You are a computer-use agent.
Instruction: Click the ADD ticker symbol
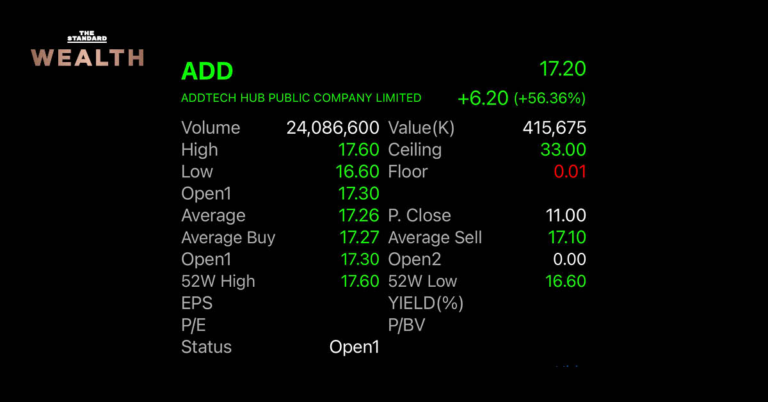tap(207, 71)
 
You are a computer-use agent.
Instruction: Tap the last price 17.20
tap(563, 68)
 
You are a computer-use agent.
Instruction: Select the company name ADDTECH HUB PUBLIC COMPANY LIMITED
tap(301, 98)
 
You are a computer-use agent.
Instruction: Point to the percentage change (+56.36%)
tap(550, 98)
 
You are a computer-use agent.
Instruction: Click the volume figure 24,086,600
tap(333, 127)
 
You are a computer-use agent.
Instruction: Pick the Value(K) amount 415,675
tap(554, 127)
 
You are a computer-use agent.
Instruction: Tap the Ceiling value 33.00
tap(563, 150)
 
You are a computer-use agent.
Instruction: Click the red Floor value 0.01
tap(570, 172)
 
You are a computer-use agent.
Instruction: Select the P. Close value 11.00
tap(566, 216)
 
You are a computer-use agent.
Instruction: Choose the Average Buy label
tap(228, 237)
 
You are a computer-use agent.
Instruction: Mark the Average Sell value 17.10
tap(567, 237)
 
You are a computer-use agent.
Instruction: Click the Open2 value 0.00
tap(570, 259)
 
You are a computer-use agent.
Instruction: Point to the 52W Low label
tap(422, 281)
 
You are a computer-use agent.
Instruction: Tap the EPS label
tap(197, 303)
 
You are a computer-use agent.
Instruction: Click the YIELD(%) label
tap(426, 303)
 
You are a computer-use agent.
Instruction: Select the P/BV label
tap(406, 325)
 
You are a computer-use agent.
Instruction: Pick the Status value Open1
tap(354, 347)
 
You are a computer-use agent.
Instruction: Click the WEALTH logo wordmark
tap(87, 57)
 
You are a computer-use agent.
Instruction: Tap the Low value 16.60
tap(357, 172)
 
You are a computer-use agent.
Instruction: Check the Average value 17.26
tap(358, 216)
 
